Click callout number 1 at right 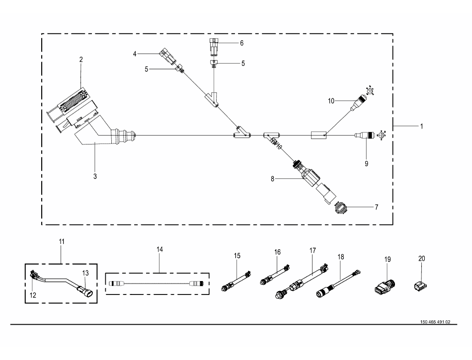421,127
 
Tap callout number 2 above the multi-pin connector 81,60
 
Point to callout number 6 241,43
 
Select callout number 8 272,179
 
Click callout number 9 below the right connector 366,162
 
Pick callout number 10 331,101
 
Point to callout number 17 313,251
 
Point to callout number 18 340,258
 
